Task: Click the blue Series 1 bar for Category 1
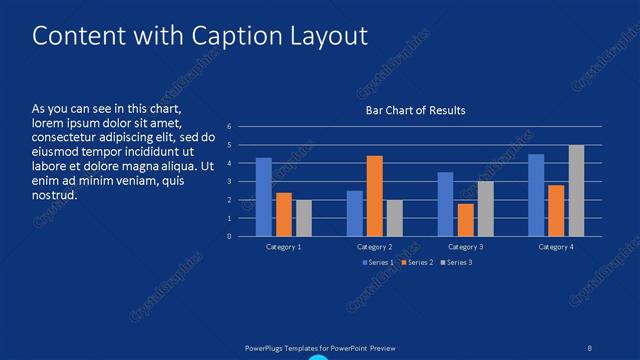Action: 264,197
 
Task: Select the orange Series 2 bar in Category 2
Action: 375,196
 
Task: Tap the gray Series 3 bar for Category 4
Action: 576,190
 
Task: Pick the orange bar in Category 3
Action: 465,220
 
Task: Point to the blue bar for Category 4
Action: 536,195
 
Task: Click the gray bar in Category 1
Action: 304,218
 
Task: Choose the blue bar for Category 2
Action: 355,213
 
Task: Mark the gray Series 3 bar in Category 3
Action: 485,208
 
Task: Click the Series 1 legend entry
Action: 378,262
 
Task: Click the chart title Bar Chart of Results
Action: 415,110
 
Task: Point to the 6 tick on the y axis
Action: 229,127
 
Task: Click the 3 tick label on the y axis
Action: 229,182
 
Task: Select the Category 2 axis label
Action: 375,246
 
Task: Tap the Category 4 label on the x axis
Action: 556,246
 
